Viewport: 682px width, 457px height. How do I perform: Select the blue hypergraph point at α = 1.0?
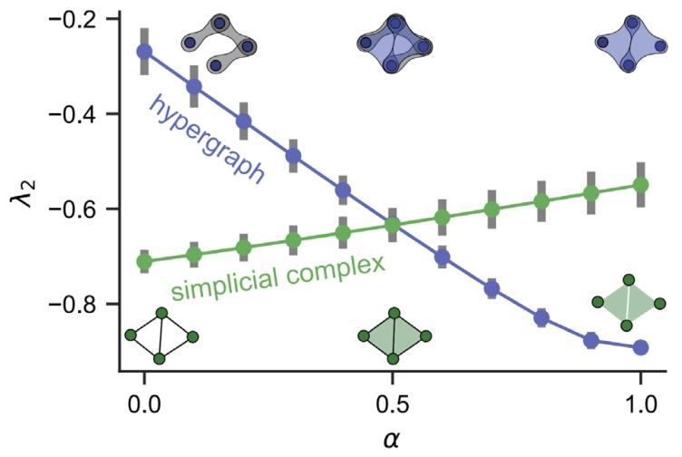point(641,347)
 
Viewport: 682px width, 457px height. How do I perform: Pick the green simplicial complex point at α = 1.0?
point(641,185)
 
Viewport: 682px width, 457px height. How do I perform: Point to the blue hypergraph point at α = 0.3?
point(293,156)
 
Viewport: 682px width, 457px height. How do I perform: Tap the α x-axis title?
point(393,439)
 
